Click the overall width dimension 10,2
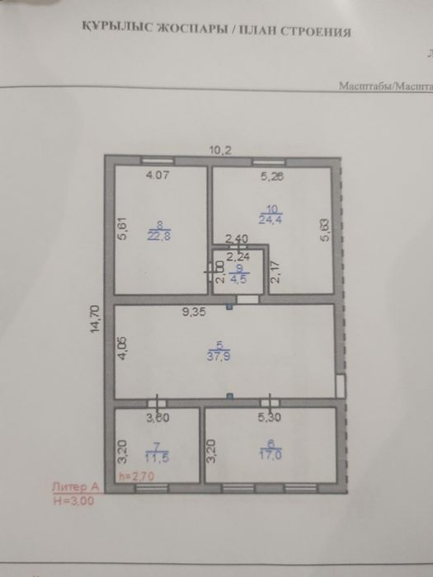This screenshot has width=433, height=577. click(219, 149)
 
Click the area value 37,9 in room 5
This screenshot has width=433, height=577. click(221, 356)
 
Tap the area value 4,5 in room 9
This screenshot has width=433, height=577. click(238, 277)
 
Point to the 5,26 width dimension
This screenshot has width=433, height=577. click(271, 176)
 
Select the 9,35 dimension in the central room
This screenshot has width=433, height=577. click(195, 312)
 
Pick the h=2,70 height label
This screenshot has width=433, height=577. click(135, 476)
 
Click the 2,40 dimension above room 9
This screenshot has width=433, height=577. click(237, 240)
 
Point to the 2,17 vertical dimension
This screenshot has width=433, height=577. click(276, 272)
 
